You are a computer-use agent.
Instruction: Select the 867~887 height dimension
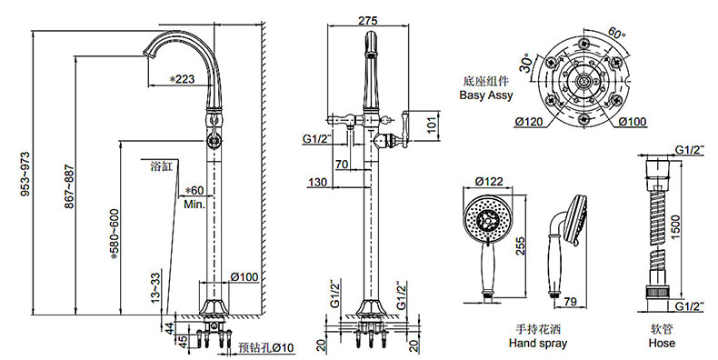click(x=68, y=186)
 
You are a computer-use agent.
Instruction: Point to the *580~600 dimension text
click(x=114, y=234)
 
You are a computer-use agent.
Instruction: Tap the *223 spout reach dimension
click(x=182, y=79)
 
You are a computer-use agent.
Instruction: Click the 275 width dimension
click(x=368, y=21)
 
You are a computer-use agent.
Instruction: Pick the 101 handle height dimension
click(x=432, y=125)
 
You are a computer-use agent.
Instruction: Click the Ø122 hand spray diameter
click(x=489, y=182)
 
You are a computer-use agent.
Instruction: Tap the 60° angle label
click(x=617, y=34)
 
